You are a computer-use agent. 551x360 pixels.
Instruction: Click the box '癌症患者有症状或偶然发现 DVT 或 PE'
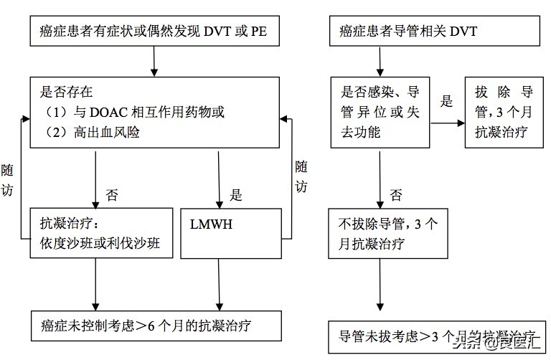(x=154, y=32)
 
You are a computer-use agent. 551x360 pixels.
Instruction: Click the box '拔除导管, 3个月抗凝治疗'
(x=504, y=113)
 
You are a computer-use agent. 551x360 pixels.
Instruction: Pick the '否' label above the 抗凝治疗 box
(x=112, y=194)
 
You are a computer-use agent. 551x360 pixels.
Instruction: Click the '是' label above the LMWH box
(x=235, y=194)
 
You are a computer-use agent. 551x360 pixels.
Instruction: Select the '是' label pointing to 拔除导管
(x=446, y=101)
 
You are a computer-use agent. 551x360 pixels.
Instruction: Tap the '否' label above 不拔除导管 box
(x=395, y=194)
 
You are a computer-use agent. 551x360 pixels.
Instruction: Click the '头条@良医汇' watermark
(x=502, y=345)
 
